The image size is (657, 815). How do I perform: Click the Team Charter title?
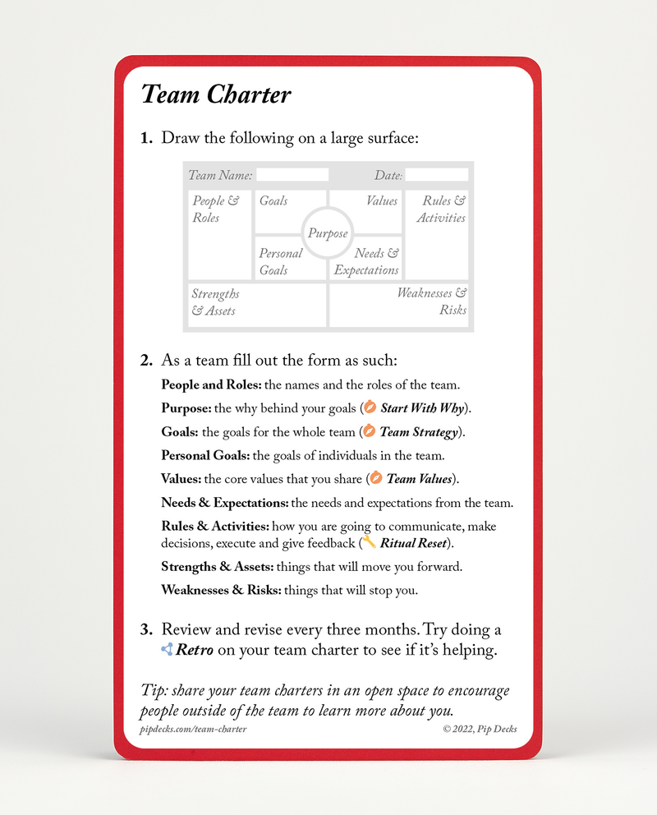click(x=216, y=95)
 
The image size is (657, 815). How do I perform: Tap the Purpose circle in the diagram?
click(x=328, y=233)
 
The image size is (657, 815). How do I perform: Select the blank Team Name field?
click(x=292, y=175)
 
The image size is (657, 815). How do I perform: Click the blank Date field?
click(x=437, y=175)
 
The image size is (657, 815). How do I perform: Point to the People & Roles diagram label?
click(x=216, y=209)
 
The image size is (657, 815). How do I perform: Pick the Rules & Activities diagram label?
click(x=442, y=209)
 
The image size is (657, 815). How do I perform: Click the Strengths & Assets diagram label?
click(x=215, y=302)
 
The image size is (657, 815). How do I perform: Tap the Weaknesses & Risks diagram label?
click(x=432, y=302)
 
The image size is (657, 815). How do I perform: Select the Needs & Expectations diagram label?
click(x=367, y=261)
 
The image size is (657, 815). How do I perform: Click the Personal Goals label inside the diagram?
click(x=280, y=261)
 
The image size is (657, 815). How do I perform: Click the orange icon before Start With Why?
click(x=370, y=408)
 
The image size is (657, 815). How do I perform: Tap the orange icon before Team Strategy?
click(x=370, y=432)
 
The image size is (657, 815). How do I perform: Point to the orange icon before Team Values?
click(x=376, y=478)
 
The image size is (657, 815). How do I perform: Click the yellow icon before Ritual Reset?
click(x=370, y=542)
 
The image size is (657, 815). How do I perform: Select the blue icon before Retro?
click(x=167, y=650)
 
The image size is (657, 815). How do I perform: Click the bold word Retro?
click(x=195, y=651)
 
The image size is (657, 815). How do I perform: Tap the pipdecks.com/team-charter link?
click(x=193, y=729)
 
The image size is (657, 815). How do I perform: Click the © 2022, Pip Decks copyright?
click(x=480, y=729)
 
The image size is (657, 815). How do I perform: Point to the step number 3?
click(x=146, y=630)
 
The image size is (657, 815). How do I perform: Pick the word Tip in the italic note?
click(x=154, y=691)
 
